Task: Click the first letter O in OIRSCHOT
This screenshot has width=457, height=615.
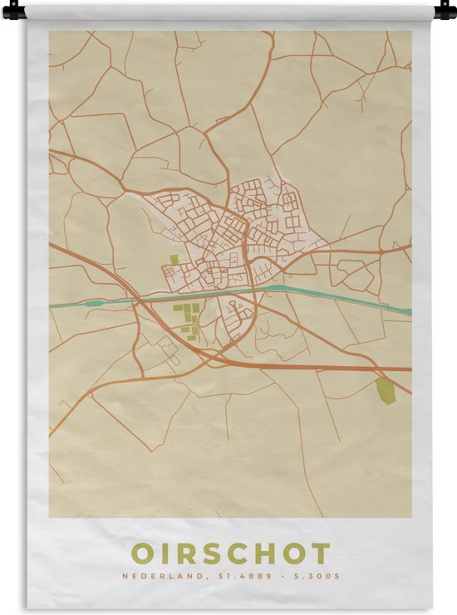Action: [142, 554]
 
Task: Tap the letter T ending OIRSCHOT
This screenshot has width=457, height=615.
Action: [320, 554]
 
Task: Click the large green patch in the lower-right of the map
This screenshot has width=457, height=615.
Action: [385, 390]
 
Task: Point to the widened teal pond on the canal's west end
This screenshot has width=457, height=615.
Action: [92, 303]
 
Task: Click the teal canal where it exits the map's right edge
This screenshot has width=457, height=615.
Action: [407, 312]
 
